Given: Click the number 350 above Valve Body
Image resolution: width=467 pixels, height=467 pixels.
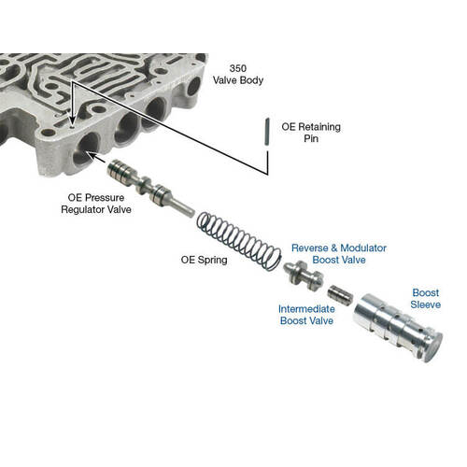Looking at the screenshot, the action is (x=238, y=68).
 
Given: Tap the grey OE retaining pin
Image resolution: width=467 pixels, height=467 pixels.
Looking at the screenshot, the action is (x=267, y=132).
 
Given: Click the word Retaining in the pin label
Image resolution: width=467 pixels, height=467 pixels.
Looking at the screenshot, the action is (x=319, y=127).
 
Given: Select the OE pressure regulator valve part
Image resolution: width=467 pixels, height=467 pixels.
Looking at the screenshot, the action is (x=150, y=189).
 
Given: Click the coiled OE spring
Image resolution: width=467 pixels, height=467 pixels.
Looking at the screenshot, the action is (x=240, y=241).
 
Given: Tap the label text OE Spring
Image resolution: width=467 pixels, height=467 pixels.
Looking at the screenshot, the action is (x=205, y=260).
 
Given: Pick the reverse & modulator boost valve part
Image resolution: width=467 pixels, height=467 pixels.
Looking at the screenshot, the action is (x=304, y=276).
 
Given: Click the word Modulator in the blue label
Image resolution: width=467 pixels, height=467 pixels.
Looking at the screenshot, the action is (x=363, y=248).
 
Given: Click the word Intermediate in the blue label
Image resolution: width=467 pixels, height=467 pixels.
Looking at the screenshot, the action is (x=306, y=309).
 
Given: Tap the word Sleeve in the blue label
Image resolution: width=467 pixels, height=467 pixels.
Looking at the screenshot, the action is (x=426, y=304).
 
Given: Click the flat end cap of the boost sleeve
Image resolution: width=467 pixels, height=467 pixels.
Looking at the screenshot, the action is (x=433, y=347).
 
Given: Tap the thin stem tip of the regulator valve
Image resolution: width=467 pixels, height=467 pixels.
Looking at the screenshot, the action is (x=191, y=214).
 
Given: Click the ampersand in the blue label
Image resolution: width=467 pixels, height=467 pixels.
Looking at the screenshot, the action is (x=334, y=248).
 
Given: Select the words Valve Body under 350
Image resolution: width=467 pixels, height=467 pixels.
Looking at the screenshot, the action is (x=238, y=80).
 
